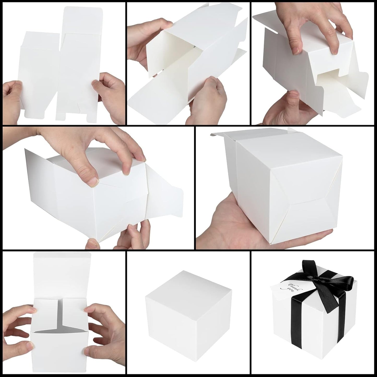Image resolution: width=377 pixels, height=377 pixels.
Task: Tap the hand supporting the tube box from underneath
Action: tap(206, 102)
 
